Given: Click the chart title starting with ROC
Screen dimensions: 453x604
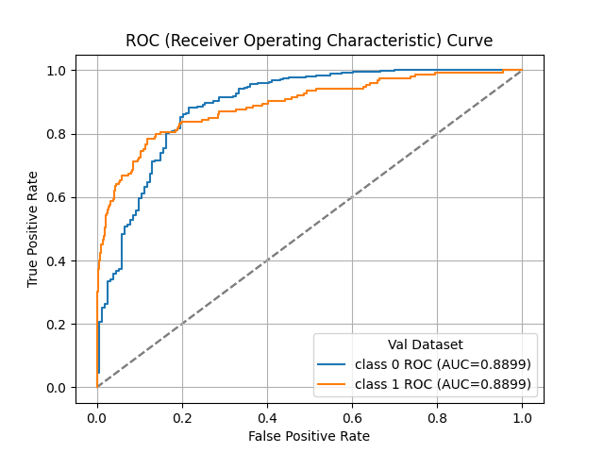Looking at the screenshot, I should pos(309,41).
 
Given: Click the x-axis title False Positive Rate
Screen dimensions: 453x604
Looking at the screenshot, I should pos(309,436).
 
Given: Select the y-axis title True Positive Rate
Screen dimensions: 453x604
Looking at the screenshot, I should pos(33,229).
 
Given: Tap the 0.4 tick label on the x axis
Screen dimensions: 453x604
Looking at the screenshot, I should pos(267,417).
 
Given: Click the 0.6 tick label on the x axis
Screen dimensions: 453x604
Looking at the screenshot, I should pos(352,417).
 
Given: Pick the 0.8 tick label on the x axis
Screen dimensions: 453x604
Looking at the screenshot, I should pos(437,417).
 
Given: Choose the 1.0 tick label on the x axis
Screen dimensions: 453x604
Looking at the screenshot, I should pos(522,417).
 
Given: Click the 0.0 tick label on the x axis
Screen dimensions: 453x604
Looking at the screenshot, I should pos(97,417).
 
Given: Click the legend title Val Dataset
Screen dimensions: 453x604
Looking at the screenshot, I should pos(425,345).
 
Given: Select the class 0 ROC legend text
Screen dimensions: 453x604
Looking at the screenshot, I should pos(443,364).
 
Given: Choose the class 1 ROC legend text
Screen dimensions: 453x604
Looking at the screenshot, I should pos(443,383).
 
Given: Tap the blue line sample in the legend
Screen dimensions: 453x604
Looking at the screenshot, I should pos(333,364).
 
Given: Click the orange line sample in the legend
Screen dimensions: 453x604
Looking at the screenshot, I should pos(333,383).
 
